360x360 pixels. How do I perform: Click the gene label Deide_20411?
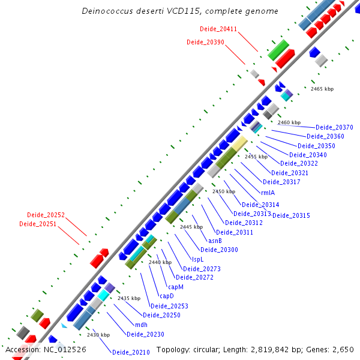218,29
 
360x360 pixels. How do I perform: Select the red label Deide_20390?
205,42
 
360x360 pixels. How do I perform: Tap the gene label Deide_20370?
334,127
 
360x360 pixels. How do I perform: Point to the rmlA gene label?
268,193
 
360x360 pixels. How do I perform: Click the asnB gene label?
207,240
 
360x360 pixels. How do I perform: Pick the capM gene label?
176,286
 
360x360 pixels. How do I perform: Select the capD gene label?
166,296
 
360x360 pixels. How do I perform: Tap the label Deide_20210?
131,352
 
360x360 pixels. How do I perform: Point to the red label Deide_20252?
46,215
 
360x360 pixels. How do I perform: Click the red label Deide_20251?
38,224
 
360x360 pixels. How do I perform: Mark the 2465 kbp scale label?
322,89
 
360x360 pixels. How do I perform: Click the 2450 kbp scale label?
223,191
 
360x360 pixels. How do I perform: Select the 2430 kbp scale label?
98,335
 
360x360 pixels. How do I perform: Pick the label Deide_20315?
291,215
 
